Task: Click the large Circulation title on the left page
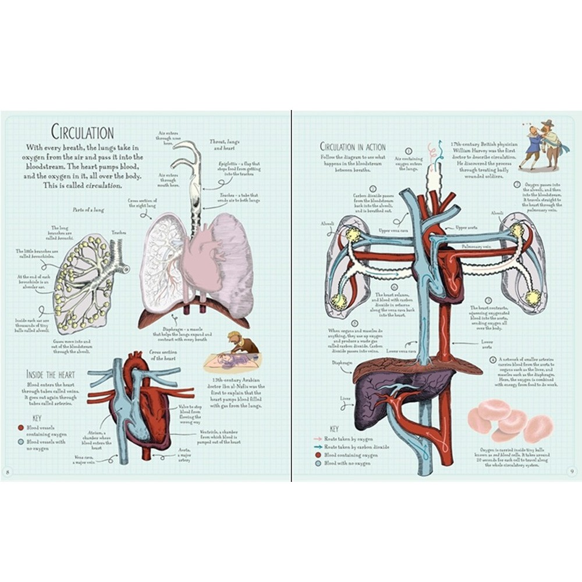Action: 82,132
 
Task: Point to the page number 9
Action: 573,470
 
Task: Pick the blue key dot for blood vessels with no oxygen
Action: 22,441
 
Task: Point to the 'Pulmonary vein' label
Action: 475,247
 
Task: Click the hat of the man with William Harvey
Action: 548,123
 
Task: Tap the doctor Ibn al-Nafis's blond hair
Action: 233,337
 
